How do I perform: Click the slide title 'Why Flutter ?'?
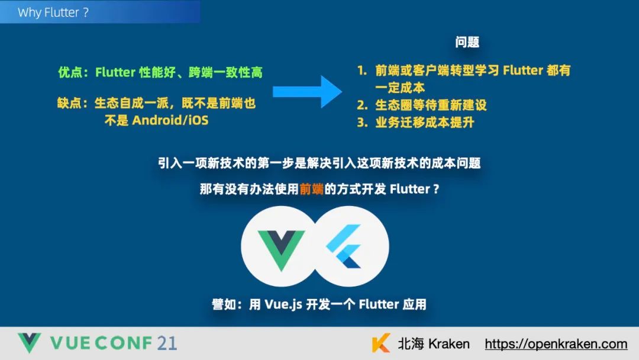pos(53,12)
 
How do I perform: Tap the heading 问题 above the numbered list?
pos(467,42)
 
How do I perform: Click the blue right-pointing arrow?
pos(307,91)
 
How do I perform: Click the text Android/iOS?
pos(170,120)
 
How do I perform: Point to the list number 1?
pos(362,70)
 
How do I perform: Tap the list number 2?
pos(362,105)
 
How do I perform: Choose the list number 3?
pos(362,123)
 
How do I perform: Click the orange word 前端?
pos(311,189)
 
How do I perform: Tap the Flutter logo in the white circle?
pos(348,245)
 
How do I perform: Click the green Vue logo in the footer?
pos(29,343)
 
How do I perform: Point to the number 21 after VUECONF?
pos(166,343)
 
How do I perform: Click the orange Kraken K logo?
pos(381,344)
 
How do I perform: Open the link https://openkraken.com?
pos(556,344)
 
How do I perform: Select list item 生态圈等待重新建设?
pos(431,105)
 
